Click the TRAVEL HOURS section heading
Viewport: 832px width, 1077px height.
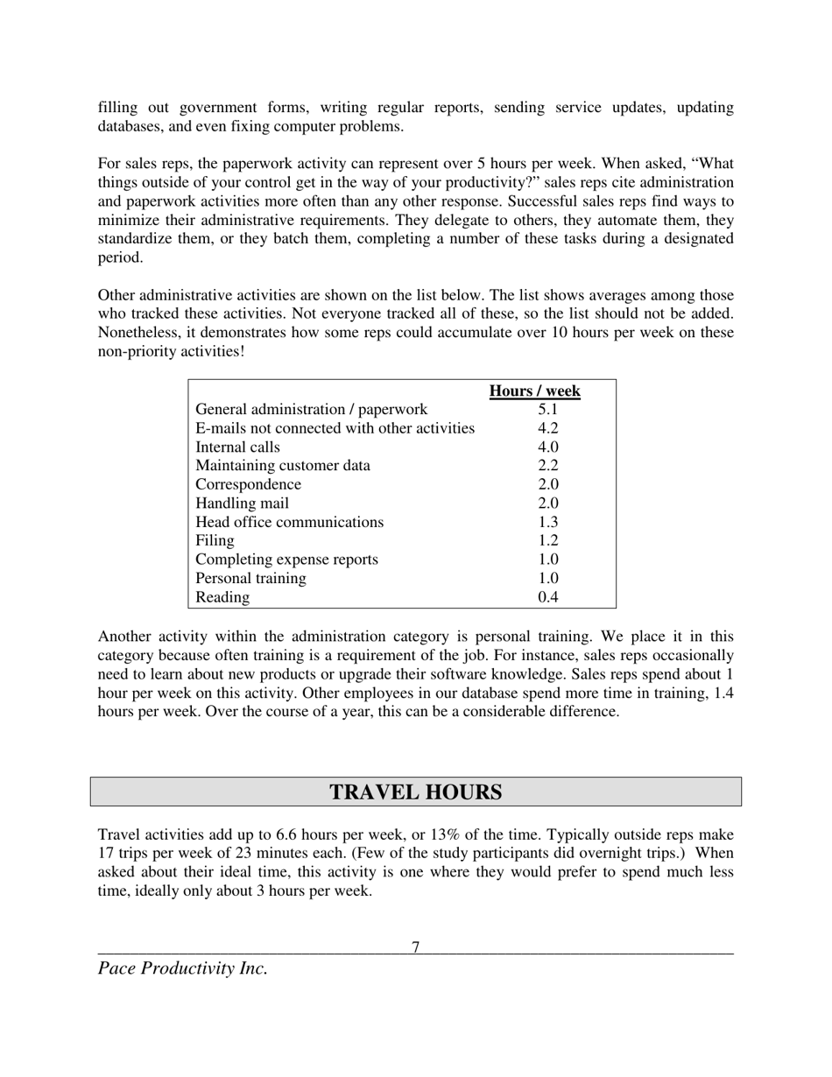click(415, 792)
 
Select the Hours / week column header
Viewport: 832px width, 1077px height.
click(534, 391)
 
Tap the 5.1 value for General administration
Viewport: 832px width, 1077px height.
click(548, 410)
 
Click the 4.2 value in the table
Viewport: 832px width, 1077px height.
click(548, 428)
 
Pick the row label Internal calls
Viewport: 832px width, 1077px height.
click(237, 447)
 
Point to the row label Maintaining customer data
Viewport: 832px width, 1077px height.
click(282, 466)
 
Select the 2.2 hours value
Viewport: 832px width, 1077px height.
click(548, 466)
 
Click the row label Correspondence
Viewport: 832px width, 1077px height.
click(248, 484)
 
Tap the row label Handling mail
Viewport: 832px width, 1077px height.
click(242, 503)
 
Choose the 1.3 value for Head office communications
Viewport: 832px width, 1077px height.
click(548, 522)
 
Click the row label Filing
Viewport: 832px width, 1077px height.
click(215, 541)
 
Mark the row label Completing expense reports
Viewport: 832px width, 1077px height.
click(286, 560)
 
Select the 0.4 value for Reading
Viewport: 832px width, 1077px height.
click(548, 597)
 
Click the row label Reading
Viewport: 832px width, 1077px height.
click(222, 597)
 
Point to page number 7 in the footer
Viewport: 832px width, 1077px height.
click(416, 947)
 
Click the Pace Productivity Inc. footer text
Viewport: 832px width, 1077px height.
click(182, 968)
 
